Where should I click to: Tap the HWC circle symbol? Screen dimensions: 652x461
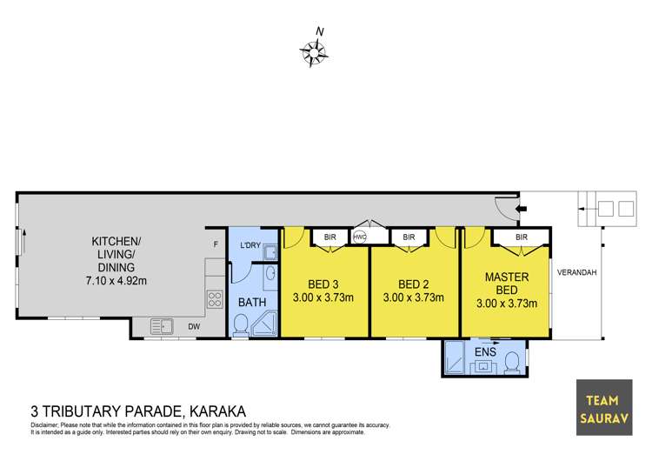coord(360,237)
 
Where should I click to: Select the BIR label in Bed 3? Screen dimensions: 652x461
coord(329,237)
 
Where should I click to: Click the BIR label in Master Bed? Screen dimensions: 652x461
coord(522,237)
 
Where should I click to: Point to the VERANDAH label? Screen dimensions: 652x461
coord(576,272)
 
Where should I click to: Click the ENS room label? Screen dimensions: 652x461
coord(485,352)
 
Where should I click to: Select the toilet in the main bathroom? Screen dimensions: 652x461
coord(241,325)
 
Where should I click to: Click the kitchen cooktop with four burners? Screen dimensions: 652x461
coord(215,299)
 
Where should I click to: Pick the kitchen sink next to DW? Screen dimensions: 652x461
coord(162,326)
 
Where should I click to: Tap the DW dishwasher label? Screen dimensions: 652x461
coord(194,327)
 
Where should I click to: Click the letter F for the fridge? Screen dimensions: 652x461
coord(216,244)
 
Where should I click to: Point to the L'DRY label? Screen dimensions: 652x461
coord(250,245)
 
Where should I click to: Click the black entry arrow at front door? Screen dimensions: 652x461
coord(521,208)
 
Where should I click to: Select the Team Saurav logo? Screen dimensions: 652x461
coord(604,408)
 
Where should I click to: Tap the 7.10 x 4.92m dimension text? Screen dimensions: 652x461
coord(116,281)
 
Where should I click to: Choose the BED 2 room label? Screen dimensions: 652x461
coord(413,284)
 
